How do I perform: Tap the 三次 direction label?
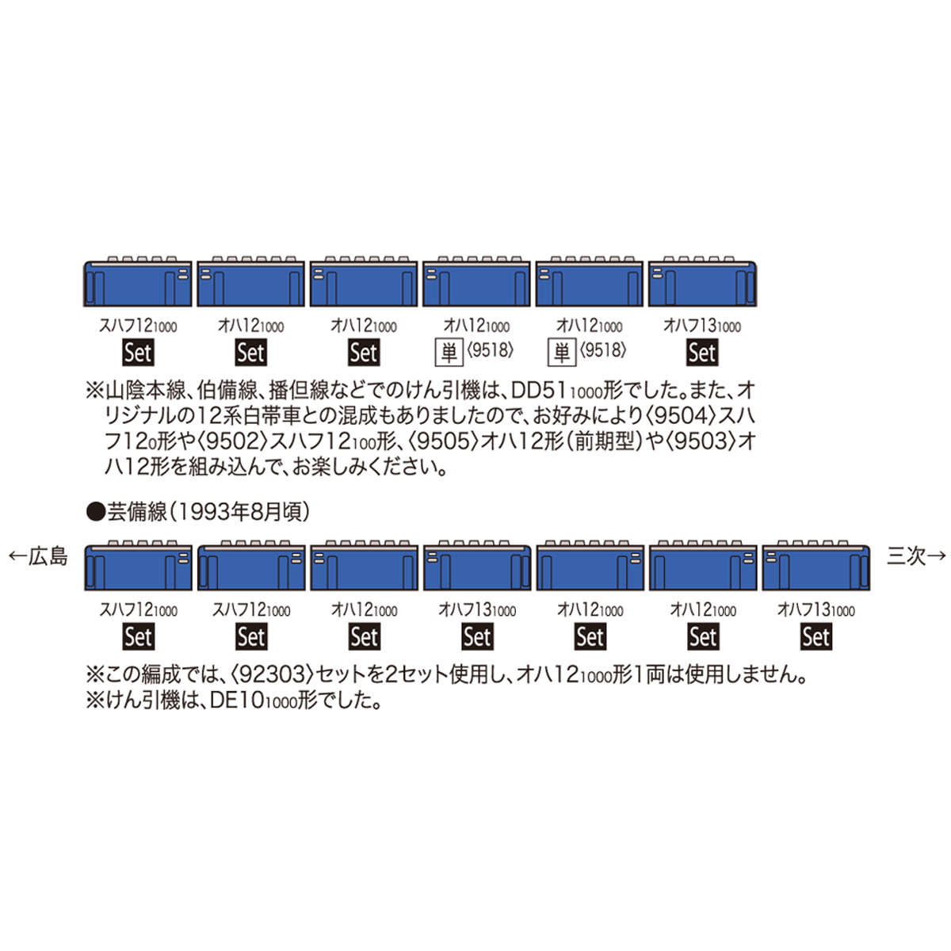[x=907, y=556]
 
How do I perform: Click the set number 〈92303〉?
[x=270, y=674]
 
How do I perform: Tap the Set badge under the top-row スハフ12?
[x=138, y=353]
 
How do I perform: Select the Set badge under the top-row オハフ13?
[x=702, y=353]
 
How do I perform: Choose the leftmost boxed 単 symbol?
[x=449, y=351]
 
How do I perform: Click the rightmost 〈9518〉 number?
[x=602, y=349]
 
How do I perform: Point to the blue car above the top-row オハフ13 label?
[x=702, y=283]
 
